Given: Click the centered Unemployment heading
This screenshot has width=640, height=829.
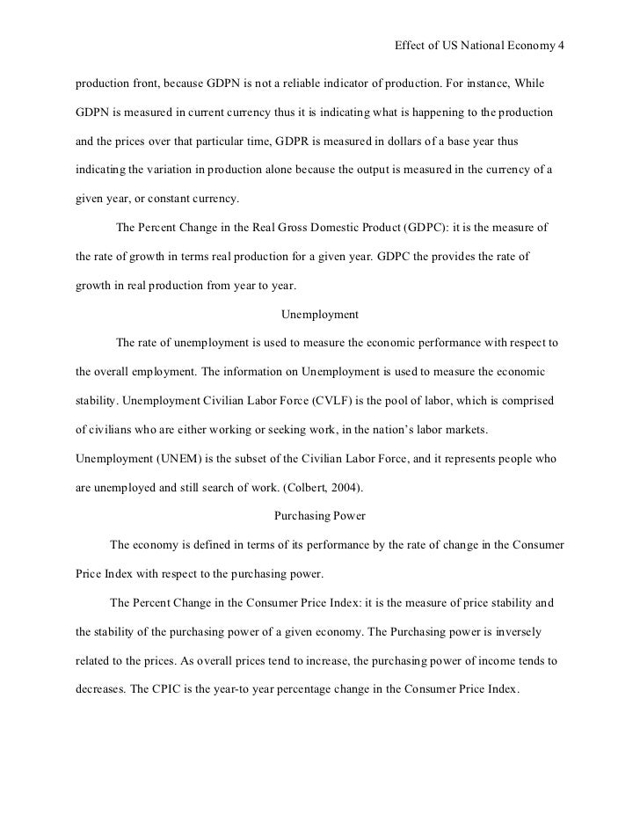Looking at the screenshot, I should tap(319, 314).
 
